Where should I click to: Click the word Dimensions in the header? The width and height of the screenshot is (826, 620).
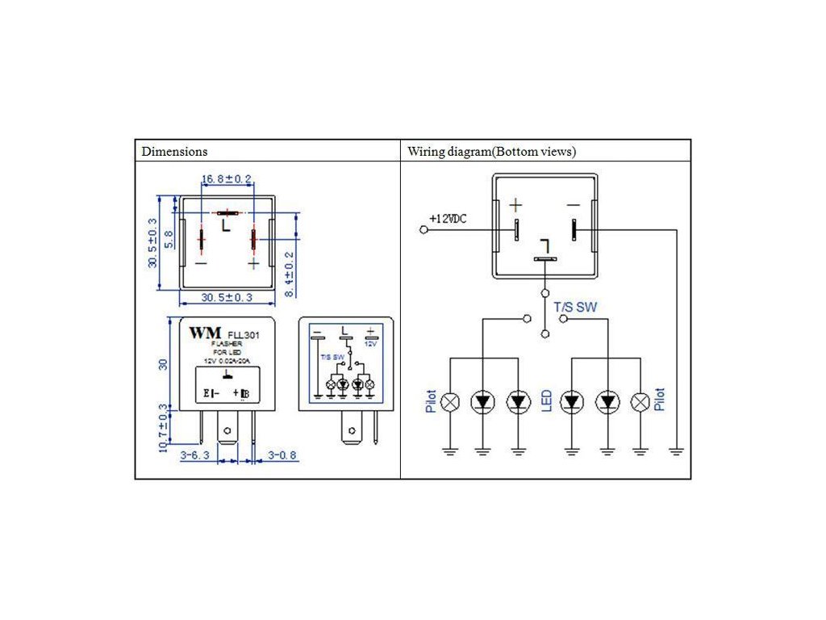tap(174, 151)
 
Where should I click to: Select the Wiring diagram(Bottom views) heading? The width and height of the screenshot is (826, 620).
tap(491, 151)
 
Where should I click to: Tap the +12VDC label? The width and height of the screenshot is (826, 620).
tap(448, 219)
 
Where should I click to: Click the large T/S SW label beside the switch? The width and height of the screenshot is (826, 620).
tap(576, 307)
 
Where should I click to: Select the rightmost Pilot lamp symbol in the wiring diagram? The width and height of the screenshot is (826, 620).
tap(640, 401)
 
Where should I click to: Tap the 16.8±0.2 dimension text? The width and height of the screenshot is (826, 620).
tap(227, 178)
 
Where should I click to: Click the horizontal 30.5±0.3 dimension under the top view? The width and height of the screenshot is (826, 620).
tap(215, 298)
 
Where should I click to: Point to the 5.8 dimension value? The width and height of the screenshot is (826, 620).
tap(168, 240)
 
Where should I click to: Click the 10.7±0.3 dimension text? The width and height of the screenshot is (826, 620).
tap(164, 428)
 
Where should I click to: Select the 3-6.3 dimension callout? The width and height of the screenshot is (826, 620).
tap(194, 455)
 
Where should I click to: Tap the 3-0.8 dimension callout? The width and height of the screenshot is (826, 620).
tap(282, 455)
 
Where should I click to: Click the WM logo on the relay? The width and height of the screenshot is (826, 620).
tap(205, 333)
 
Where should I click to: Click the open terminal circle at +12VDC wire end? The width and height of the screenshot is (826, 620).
tap(424, 230)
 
